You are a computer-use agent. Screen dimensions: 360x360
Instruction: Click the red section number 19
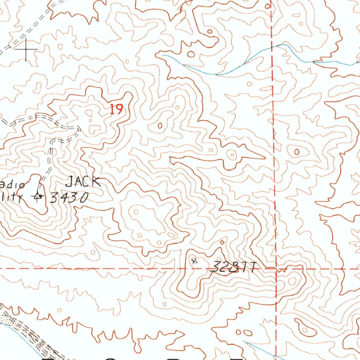[x=116, y=109]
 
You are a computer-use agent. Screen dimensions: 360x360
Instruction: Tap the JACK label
[x=83, y=182]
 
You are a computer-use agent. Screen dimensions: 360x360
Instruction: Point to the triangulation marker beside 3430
[x=38, y=196]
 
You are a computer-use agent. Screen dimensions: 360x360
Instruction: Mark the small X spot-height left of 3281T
[x=193, y=261]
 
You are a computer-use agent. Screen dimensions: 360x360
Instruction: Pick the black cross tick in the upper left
[x=26, y=49]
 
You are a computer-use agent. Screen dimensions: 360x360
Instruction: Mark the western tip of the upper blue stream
[x=162, y=55]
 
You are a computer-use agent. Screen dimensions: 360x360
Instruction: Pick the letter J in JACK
[x=70, y=182]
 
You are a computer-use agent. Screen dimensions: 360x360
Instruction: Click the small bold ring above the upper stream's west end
[x=191, y=54]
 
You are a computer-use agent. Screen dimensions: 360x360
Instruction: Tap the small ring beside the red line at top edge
[x=267, y=6]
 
